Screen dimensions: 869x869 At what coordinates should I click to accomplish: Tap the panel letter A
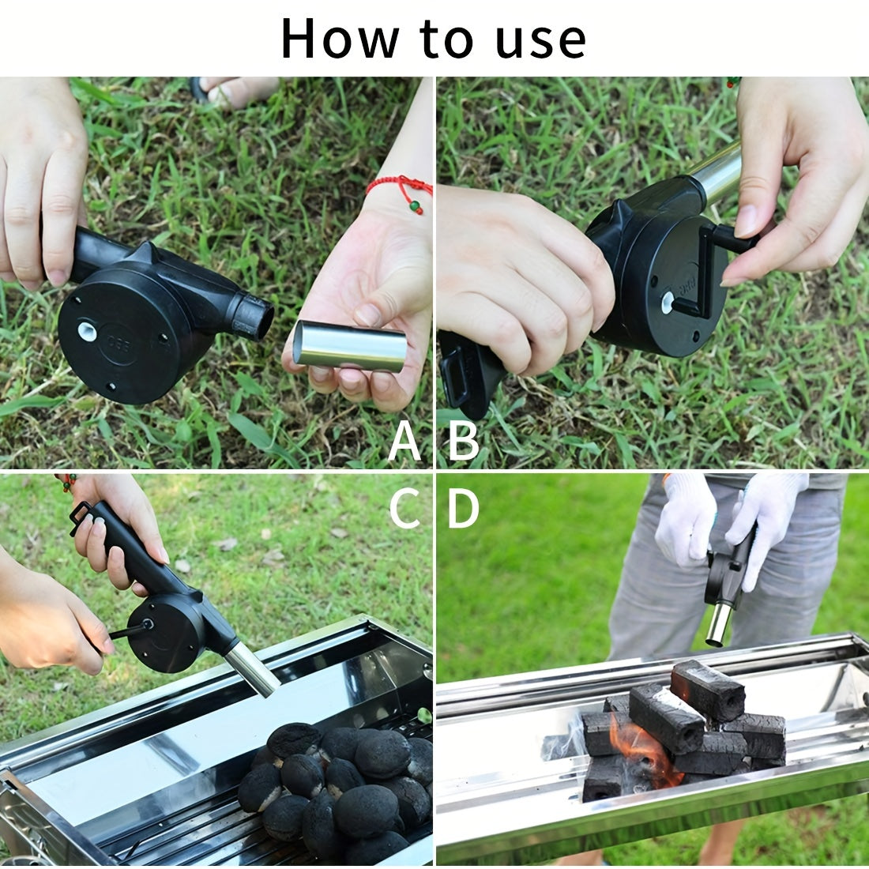coord(404,442)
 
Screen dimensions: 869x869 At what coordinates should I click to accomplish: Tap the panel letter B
coord(464,442)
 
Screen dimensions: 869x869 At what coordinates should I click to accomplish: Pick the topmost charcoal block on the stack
coord(708,690)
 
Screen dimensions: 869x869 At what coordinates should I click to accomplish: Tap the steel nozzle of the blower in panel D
coord(718,621)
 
